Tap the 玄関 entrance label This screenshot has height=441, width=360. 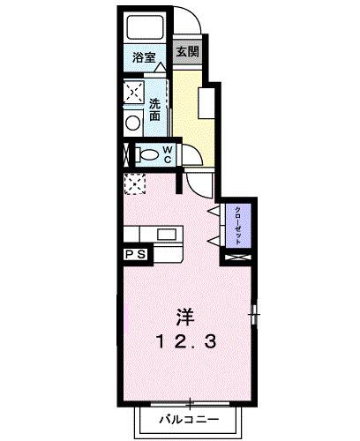point(187,52)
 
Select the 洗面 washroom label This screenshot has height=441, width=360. point(155,108)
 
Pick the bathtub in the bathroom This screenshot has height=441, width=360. point(145,26)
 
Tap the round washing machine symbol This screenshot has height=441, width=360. point(133,123)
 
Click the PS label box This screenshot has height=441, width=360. point(136,255)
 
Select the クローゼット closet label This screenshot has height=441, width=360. point(239,225)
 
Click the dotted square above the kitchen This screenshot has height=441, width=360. point(135,184)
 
